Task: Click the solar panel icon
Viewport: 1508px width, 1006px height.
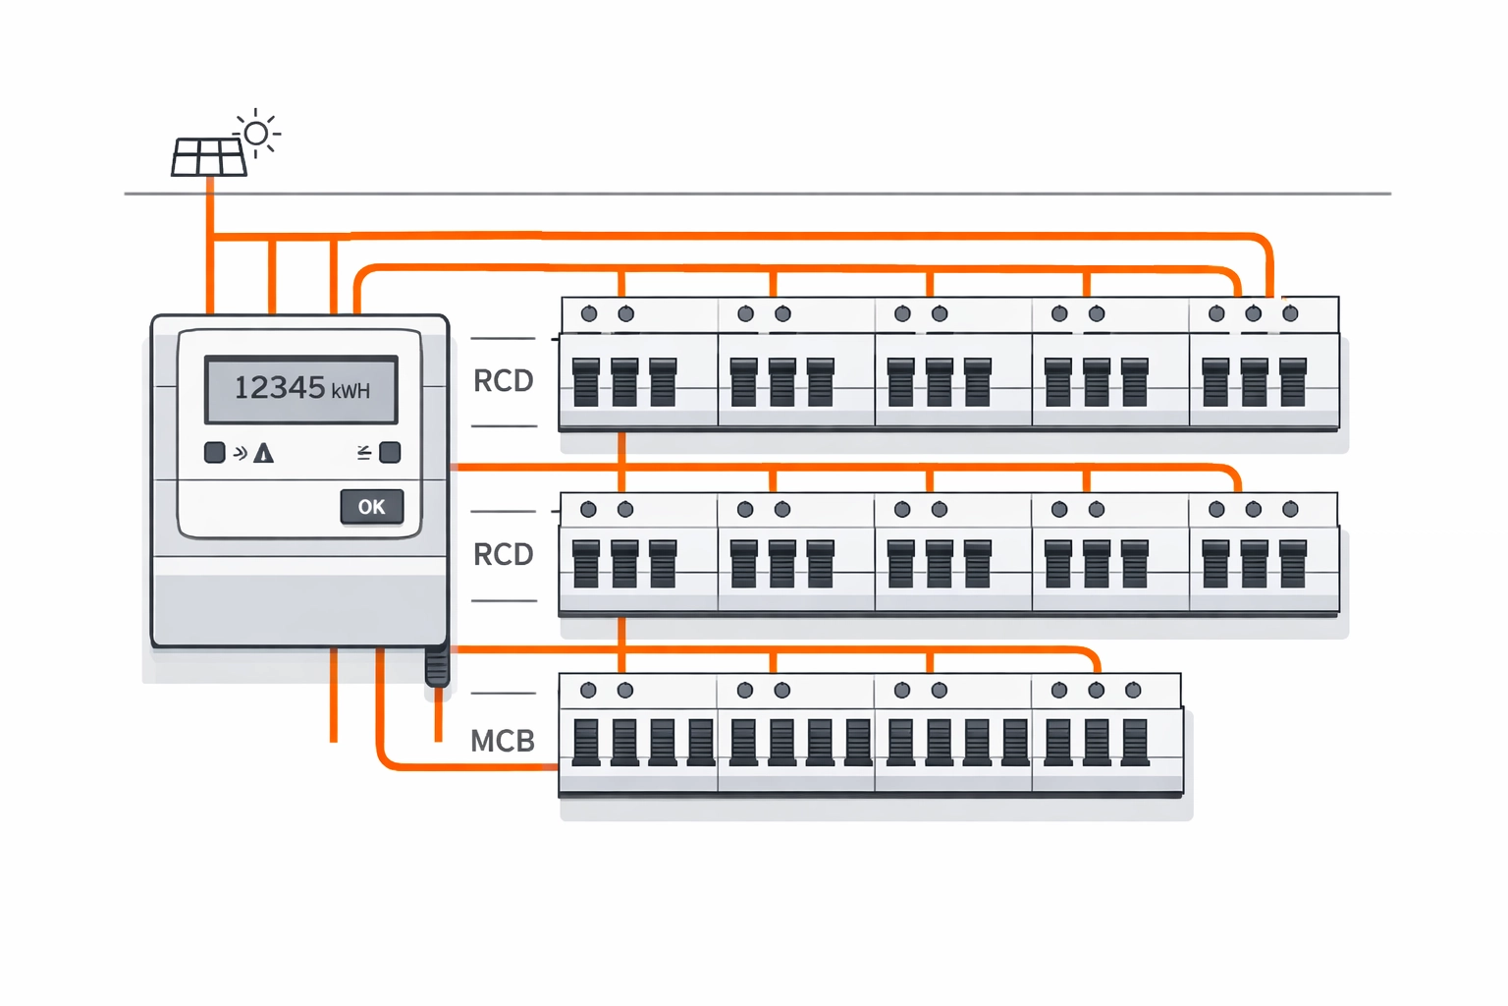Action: click(x=209, y=157)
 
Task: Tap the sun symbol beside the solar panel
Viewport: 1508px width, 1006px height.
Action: click(x=257, y=133)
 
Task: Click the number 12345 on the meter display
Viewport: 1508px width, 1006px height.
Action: click(x=280, y=388)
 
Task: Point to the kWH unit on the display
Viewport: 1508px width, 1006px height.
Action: click(x=350, y=391)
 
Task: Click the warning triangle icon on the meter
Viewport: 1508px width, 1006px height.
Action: click(x=263, y=453)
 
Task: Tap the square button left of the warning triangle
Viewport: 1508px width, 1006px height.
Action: click(x=214, y=452)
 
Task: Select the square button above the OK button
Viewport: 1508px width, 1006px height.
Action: click(x=390, y=452)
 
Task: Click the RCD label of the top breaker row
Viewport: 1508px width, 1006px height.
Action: click(x=503, y=381)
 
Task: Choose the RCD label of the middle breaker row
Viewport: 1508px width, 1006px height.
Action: click(x=503, y=555)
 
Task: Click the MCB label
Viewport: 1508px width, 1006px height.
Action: click(x=503, y=741)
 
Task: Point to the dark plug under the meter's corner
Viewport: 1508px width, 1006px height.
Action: click(x=437, y=667)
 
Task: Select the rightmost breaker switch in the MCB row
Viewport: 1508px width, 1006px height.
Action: click(x=1135, y=742)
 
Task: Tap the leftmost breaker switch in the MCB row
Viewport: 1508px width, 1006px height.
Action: click(x=586, y=742)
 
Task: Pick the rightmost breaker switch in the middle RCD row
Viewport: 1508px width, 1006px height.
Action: click(x=1293, y=563)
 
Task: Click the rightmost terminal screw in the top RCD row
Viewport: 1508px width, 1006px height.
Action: click(x=1290, y=313)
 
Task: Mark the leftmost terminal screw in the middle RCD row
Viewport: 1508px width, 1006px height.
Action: click(x=588, y=509)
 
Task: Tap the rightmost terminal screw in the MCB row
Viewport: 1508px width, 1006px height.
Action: click(x=1133, y=690)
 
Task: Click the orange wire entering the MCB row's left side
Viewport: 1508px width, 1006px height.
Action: click(x=471, y=765)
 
